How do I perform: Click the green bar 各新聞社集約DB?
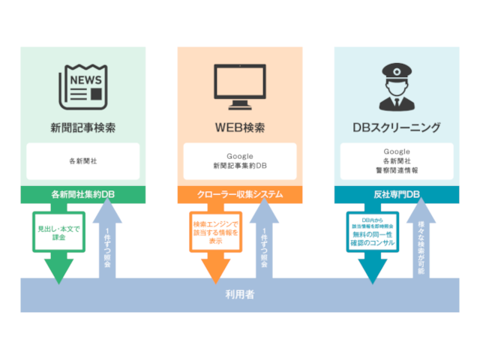(83, 194)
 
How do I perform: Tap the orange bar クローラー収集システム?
(239, 194)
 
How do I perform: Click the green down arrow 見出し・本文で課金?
(58, 240)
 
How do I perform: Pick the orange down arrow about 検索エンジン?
(215, 240)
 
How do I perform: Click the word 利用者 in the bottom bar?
(239, 295)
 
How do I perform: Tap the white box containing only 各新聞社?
(83, 160)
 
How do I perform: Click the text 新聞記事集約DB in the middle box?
(239, 165)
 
